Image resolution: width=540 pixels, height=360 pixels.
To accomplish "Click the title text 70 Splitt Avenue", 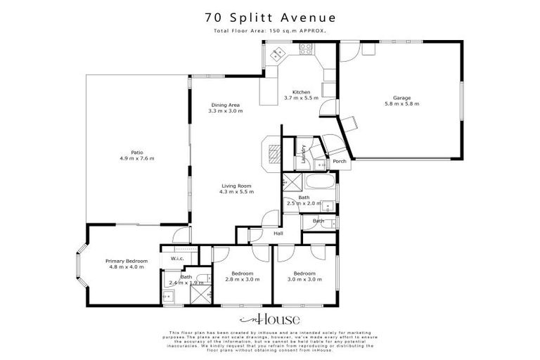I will (x=270, y=16).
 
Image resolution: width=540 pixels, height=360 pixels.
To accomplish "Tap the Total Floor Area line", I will (x=270, y=31).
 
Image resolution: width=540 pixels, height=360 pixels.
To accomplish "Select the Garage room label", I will (x=401, y=98).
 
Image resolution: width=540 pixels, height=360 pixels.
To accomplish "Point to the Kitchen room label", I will (x=301, y=92).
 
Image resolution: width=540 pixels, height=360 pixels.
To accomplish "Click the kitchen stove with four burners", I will (x=307, y=49).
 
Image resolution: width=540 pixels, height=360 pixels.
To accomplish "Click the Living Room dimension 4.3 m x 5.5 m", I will (x=236, y=192).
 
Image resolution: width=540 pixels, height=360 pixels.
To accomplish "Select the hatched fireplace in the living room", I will (x=272, y=153).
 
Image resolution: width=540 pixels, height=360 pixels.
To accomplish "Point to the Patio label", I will (x=136, y=151).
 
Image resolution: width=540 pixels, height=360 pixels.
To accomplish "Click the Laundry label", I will (x=303, y=154).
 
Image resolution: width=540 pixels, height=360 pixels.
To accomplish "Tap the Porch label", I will (x=340, y=162).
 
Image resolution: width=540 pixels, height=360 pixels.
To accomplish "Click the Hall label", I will (x=278, y=233).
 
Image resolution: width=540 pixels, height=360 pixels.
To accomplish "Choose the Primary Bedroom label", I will (x=127, y=261).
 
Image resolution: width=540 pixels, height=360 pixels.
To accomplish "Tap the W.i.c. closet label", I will (x=177, y=259).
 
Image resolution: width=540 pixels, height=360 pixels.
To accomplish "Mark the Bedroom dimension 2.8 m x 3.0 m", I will (x=232, y=280).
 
